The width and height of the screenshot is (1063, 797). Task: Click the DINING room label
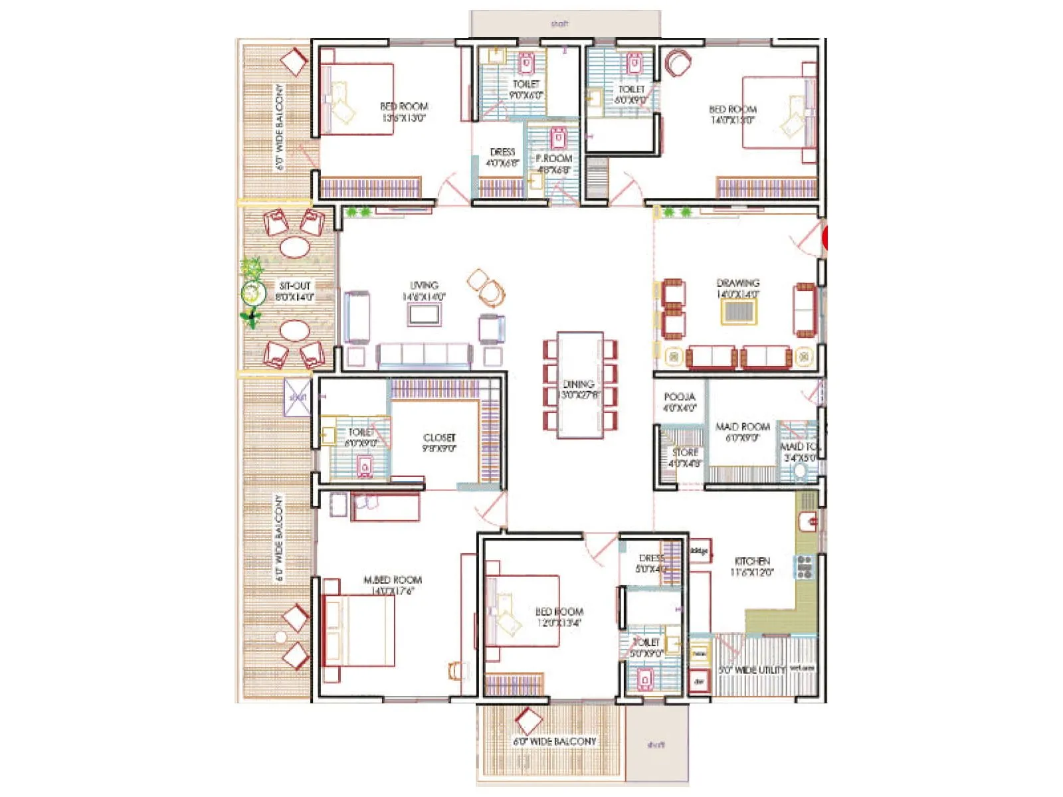(x=579, y=384)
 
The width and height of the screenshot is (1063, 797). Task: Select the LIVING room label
(x=424, y=286)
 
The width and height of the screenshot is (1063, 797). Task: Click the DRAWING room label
(x=737, y=283)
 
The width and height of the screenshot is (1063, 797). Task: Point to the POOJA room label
(x=679, y=397)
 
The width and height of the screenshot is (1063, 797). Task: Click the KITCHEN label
(x=752, y=561)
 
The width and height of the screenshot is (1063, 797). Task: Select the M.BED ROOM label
(x=393, y=580)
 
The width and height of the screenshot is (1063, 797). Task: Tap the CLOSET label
(x=439, y=438)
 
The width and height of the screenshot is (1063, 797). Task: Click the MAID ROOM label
(x=742, y=426)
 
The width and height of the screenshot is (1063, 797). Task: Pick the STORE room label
(x=685, y=452)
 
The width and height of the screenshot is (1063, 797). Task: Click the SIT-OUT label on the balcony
(x=294, y=286)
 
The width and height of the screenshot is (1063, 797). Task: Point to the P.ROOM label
(x=553, y=159)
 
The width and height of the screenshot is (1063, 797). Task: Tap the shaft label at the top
(x=559, y=24)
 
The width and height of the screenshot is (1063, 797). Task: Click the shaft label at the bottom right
(x=655, y=745)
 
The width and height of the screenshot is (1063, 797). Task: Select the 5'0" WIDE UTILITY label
(x=752, y=670)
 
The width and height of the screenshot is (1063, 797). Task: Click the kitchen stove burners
(x=805, y=567)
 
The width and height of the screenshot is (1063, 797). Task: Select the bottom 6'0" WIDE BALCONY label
(x=554, y=741)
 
